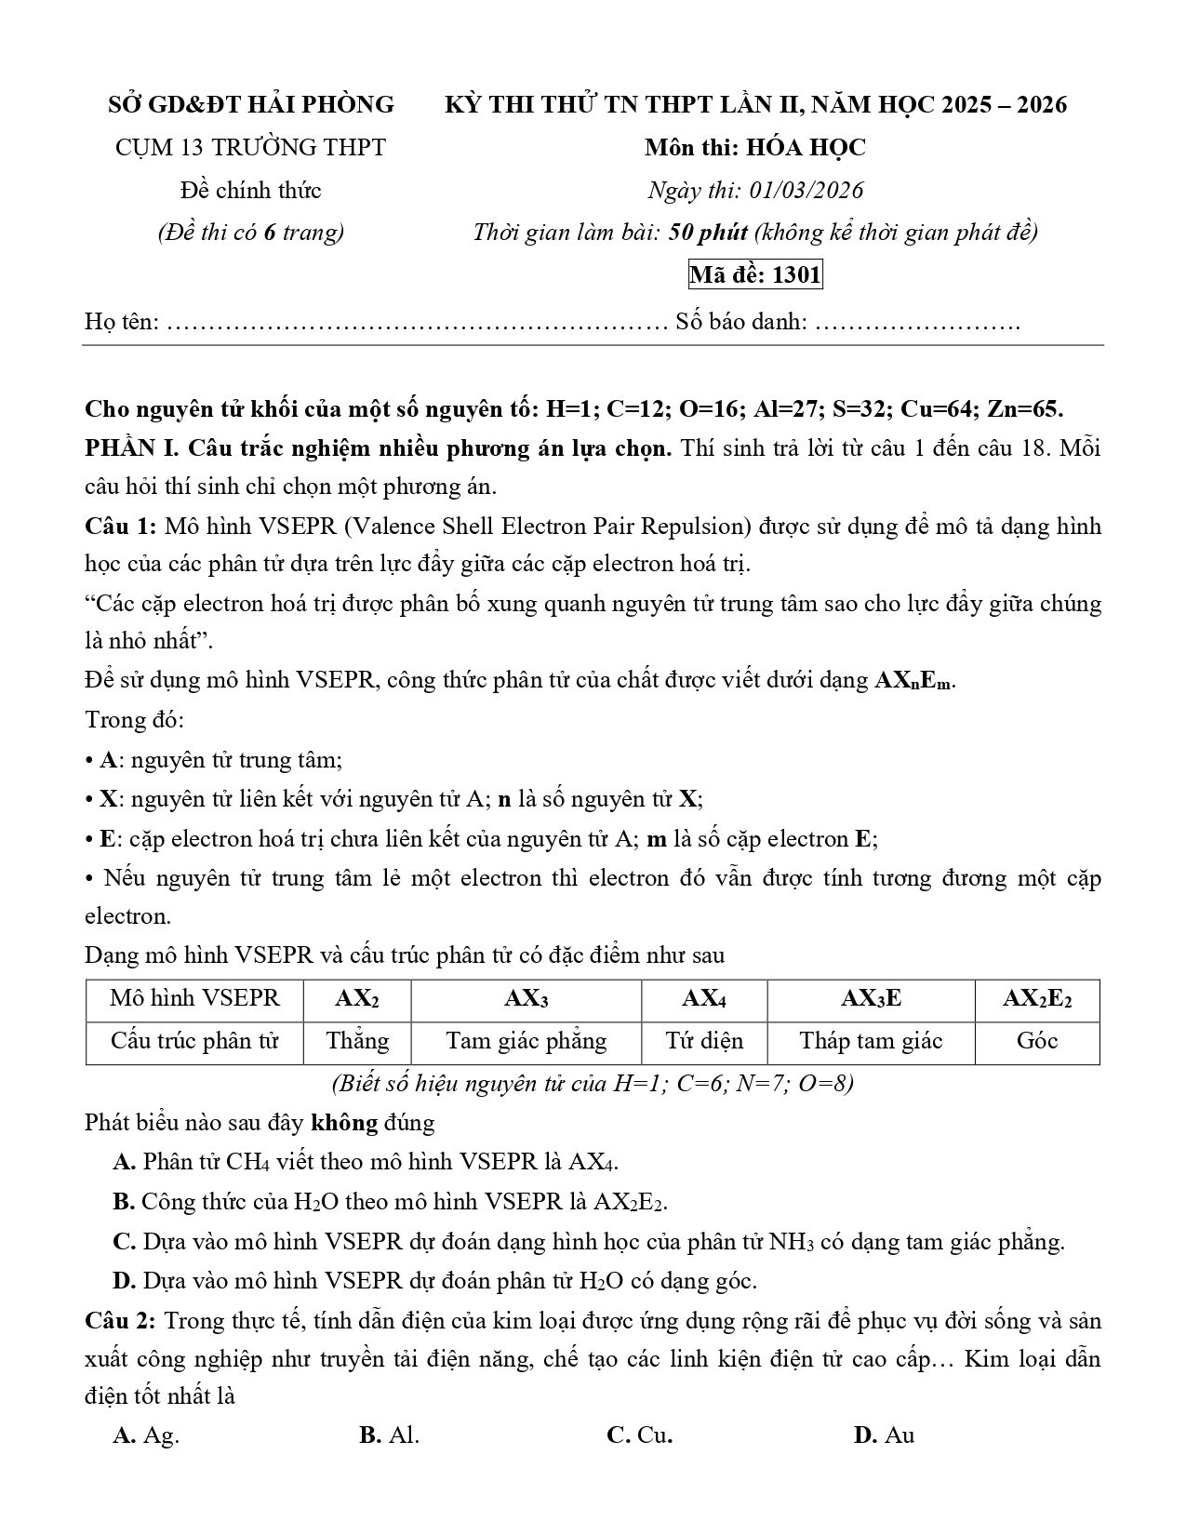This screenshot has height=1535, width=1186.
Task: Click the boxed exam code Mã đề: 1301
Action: (754, 275)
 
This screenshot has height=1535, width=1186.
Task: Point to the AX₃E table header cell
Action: (871, 999)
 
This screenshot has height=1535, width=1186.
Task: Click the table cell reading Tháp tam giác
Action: (871, 1041)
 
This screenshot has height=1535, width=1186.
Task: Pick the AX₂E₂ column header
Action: (1036, 999)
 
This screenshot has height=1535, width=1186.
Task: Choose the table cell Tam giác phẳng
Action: (526, 1041)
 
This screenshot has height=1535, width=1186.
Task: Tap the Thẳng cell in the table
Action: (357, 1041)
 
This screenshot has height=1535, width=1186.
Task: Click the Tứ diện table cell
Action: (703, 1041)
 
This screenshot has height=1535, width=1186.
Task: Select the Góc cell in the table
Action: (1036, 1041)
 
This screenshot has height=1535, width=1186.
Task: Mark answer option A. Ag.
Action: (146, 1435)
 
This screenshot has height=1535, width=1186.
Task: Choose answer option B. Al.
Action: (389, 1435)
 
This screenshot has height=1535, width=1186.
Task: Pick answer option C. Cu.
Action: (639, 1435)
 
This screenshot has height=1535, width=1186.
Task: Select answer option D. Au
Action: (884, 1435)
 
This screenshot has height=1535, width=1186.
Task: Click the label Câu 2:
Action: (121, 1321)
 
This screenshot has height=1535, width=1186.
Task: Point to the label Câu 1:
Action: (121, 527)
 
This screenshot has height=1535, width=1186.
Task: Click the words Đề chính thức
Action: (250, 191)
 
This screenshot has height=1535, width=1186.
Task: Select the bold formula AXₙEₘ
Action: (913, 680)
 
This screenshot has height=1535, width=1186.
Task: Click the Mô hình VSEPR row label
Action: (194, 999)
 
